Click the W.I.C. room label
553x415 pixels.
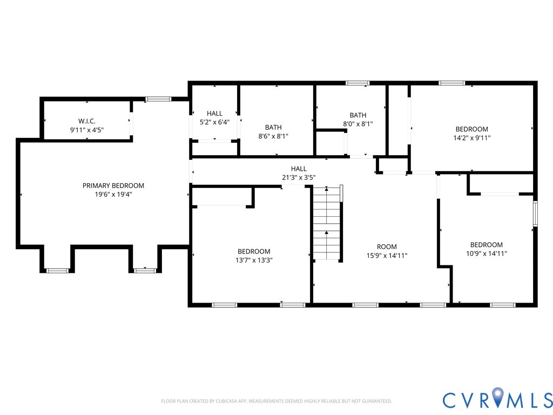(x=87, y=121)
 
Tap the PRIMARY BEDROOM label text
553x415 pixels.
(x=113, y=186)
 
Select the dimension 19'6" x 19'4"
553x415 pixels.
(x=113, y=194)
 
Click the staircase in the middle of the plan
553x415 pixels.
(x=327, y=223)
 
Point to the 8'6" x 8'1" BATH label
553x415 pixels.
(x=273, y=128)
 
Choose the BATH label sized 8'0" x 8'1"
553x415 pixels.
(x=358, y=116)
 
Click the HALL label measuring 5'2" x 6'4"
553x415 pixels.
(x=214, y=113)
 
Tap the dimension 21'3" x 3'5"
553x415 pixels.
(x=299, y=177)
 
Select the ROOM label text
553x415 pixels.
(x=387, y=246)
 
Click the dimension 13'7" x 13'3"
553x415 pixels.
(x=254, y=260)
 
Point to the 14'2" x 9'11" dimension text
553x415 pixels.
(x=472, y=138)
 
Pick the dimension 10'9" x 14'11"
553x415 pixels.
(x=487, y=253)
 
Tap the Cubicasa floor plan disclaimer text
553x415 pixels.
(x=276, y=401)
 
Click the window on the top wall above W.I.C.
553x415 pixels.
(x=158, y=99)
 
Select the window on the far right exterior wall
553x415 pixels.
(x=535, y=213)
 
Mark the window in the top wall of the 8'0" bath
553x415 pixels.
(x=358, y=83)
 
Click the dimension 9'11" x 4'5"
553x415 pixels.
(x=87, y=130)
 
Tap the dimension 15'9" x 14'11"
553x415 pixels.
(x=387, y=256)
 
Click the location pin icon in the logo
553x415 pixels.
(x=497, y=396)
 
